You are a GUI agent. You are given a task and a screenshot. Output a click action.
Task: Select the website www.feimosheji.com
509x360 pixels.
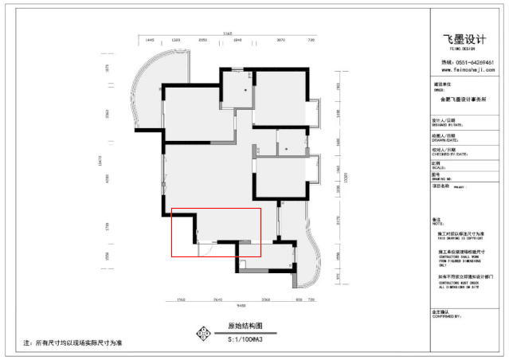coord(467,69)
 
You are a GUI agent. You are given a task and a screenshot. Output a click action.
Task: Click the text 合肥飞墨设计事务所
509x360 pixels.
coord(464,100)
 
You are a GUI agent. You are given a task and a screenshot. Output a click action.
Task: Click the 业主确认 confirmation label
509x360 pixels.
coord(440,311)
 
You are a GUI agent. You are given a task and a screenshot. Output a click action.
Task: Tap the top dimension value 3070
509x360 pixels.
coord(280,39)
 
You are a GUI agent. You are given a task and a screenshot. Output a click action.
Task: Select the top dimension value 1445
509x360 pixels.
coord(150,39)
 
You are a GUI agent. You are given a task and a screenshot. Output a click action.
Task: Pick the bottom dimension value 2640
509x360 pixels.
coord(217,299)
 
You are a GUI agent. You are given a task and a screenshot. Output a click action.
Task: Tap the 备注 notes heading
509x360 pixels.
coord(436,219)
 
